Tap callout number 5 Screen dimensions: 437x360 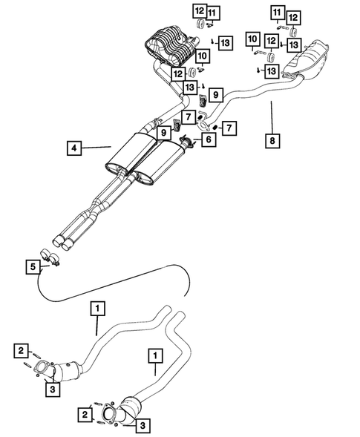[x=32, y=266]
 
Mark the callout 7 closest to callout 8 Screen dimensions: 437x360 [x=229, y=128]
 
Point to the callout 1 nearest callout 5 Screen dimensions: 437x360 [x=96, y=306]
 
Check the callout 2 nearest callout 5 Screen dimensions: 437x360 [x=22, y=350]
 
